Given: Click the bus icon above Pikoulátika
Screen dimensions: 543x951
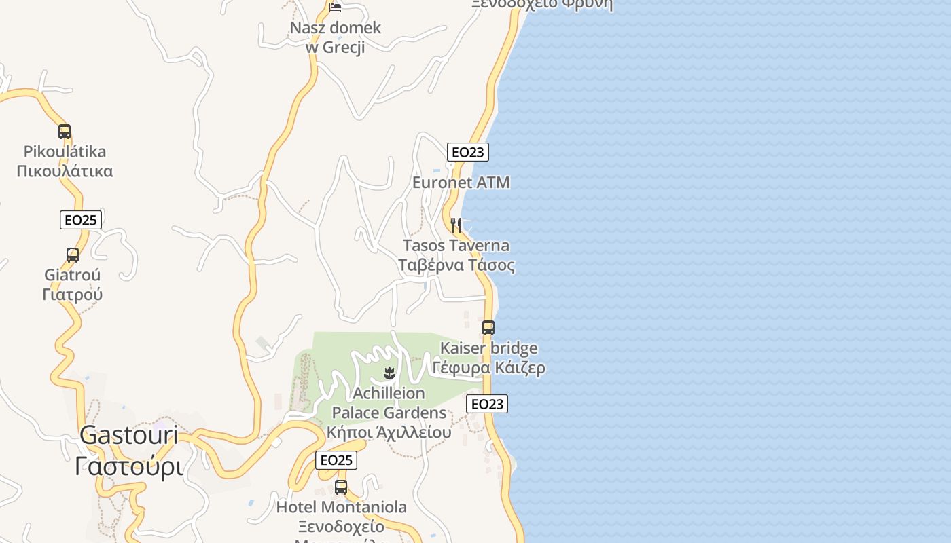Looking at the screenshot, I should coord(65,132).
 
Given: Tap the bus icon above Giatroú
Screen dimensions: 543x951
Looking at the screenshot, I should coord(73,255).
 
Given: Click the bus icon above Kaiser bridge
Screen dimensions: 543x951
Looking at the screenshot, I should coord(488,328).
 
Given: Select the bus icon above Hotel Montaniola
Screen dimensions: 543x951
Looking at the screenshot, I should coord(341,487).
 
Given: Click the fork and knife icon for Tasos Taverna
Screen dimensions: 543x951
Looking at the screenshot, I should coord(456,225).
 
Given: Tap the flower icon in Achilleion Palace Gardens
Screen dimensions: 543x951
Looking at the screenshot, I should coord(389,373).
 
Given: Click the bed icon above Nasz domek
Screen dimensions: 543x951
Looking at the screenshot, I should coord(335,7).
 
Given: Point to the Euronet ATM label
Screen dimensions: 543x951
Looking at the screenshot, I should coord(461,183).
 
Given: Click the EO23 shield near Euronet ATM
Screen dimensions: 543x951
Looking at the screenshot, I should coord(468,152).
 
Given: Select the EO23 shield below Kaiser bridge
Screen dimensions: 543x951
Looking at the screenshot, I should coord(487,405).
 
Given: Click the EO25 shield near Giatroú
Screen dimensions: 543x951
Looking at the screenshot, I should coord(81,220).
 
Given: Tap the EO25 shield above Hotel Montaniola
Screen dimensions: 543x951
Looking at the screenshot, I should coord(336,460).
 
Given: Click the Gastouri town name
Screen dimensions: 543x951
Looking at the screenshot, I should coord(129,435).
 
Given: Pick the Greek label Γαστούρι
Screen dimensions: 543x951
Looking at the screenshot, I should coord(129,466).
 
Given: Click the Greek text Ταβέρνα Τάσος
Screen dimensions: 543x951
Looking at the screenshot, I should coord(456,265).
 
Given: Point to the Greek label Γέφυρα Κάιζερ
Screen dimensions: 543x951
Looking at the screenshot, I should coord(489,369).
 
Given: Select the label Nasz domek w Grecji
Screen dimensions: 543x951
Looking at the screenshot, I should coord(336,37).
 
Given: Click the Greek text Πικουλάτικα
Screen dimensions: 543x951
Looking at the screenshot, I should coord(65,170).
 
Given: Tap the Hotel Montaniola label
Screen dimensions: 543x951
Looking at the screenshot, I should coord(342,507).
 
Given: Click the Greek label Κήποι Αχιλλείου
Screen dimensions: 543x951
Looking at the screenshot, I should coord(389,432).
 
